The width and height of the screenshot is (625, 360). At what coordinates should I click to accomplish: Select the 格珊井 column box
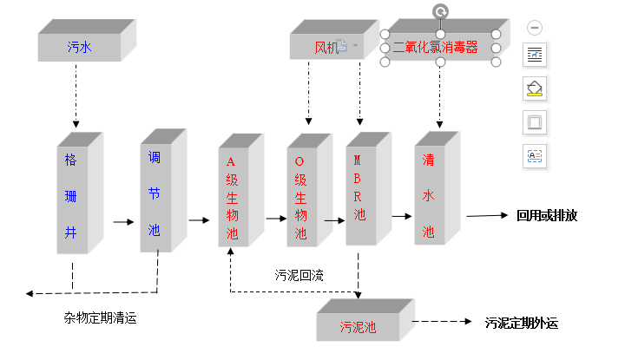[x=73, y=199]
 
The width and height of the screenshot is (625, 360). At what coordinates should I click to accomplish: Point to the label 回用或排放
[x=547, y=216]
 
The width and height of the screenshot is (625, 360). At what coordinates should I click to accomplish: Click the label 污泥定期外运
[x=522, y=324]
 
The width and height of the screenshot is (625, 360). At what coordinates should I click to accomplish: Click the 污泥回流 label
[x=299, y=275]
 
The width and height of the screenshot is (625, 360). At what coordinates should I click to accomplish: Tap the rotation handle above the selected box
[x=441, y=11]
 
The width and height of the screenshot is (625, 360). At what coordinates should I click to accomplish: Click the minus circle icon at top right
[x=535, y=28]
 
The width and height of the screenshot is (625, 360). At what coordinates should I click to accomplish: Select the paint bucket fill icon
[x=535, y=88]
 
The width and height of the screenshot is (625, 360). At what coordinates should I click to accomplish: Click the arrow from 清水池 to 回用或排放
[x=486, y=217]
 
